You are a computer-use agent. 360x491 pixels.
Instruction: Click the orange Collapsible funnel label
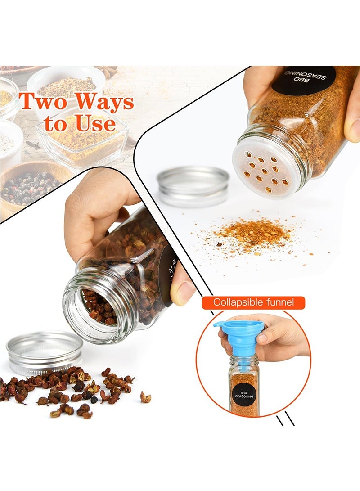253,302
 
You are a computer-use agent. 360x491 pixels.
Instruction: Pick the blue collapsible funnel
246,335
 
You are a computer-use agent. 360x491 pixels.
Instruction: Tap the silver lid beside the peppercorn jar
45,352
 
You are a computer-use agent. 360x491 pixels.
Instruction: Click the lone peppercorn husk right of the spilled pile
145,397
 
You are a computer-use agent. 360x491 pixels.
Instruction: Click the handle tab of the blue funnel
219,323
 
